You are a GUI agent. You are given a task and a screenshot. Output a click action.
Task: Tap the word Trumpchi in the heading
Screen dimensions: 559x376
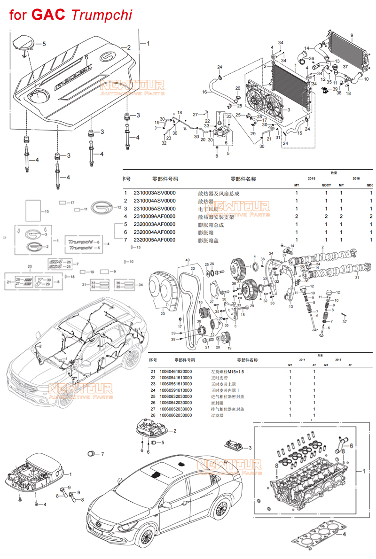102,15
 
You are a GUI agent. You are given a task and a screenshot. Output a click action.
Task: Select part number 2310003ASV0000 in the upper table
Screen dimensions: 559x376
155,193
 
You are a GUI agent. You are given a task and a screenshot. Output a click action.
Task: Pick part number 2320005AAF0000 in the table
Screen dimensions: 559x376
155,240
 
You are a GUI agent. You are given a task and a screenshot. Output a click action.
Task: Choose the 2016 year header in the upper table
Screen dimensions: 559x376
356,179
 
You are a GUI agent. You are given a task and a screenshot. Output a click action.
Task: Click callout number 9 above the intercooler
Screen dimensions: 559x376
351,36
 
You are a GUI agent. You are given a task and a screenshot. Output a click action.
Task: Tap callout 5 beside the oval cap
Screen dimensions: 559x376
44,44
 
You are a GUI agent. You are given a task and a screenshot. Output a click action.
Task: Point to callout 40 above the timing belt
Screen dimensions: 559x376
187,260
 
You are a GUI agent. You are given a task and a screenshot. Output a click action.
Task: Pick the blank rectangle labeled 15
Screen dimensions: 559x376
33,211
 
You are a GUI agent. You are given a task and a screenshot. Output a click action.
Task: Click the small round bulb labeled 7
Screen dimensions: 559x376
92,453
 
